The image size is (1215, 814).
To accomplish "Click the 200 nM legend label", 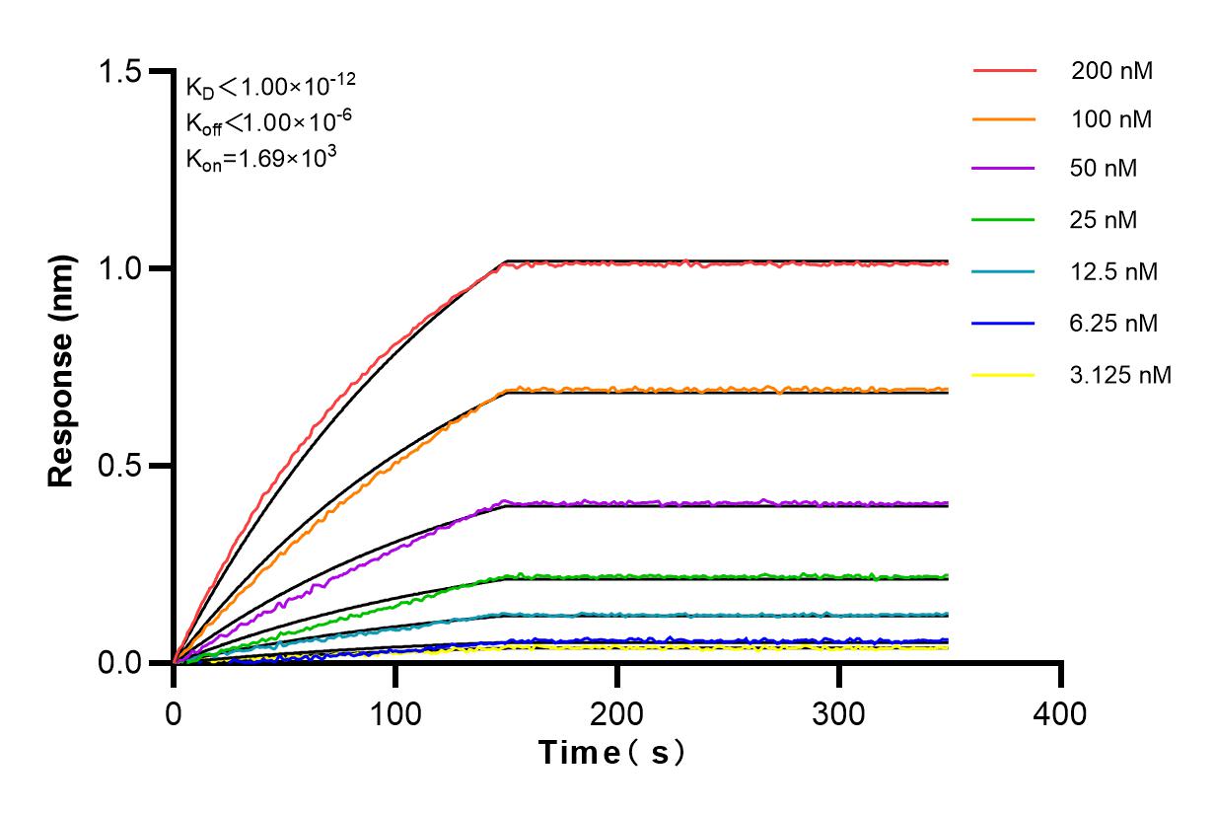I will pos(1112,71).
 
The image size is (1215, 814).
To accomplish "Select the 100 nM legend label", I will pos(1112,119).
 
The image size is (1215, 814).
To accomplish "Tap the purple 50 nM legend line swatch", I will pos(1004,169).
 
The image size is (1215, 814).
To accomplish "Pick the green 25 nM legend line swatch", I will pos(1004,219).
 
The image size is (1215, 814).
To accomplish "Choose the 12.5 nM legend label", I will pos(1115,271).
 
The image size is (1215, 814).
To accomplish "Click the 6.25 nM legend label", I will pos(1115,323).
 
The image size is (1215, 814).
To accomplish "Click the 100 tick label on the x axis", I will pos(395,712).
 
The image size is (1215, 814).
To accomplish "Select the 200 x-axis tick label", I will pos(617,712).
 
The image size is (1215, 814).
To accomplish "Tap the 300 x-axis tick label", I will pos(839,712).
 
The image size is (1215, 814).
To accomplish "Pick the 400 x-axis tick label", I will pos(1061,712).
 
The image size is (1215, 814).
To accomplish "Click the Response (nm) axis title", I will pos(63,367).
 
